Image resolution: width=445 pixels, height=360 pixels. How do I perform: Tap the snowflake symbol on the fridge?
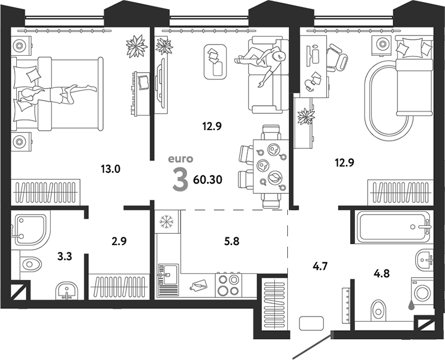(166, 223)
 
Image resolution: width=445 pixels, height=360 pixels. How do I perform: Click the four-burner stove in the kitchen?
(228, 284)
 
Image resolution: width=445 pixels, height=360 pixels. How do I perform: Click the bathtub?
(392, 227)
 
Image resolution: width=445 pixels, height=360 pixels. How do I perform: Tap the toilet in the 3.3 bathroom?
(32, 263)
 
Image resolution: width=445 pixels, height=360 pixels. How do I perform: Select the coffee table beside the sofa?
(215, 61)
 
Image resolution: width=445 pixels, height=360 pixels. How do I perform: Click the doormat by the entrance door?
(311, 323)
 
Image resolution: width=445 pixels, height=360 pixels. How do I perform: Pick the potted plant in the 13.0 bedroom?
(136, 45)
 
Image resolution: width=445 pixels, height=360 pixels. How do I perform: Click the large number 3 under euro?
(180, 180)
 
